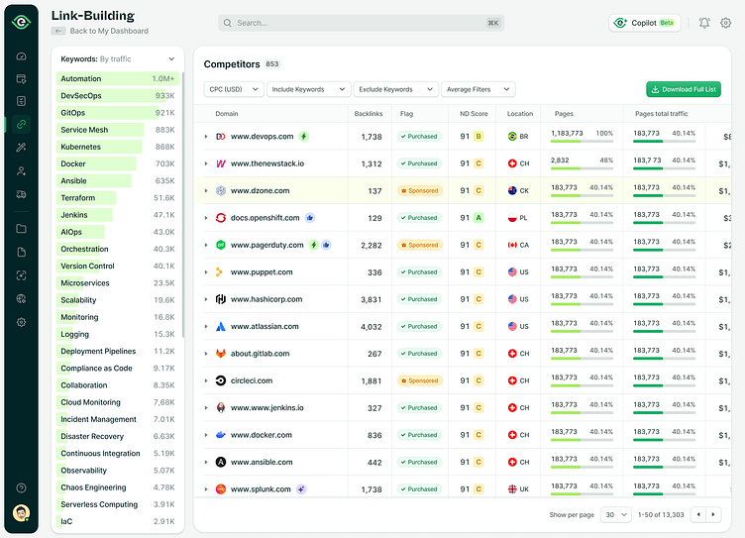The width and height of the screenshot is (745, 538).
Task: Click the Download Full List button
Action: pos(684,89)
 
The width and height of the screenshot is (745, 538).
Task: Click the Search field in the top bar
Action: pos(360,23)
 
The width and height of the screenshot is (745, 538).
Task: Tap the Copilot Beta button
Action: pos(645,23)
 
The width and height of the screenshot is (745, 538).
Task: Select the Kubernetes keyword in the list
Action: pos(81,147)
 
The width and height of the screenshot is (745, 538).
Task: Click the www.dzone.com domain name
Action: pos(260,190)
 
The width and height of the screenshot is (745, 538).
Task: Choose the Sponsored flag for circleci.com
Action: pos(419,380)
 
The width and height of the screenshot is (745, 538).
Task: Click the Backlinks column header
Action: pos(369,114)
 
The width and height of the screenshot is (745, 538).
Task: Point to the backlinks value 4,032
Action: pos(372,326)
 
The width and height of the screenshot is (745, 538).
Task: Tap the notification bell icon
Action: pos(704,23)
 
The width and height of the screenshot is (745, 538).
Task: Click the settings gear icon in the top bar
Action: pos(726,23)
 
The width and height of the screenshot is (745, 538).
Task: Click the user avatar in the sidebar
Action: pos(21,512)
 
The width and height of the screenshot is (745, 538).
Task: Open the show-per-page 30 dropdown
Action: pos(616,514)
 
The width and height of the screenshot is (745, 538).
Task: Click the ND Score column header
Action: pos(473,114)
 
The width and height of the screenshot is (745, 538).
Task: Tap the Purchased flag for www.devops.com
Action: pos(419,137)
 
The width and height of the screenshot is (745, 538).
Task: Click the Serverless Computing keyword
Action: pos(99,504)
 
